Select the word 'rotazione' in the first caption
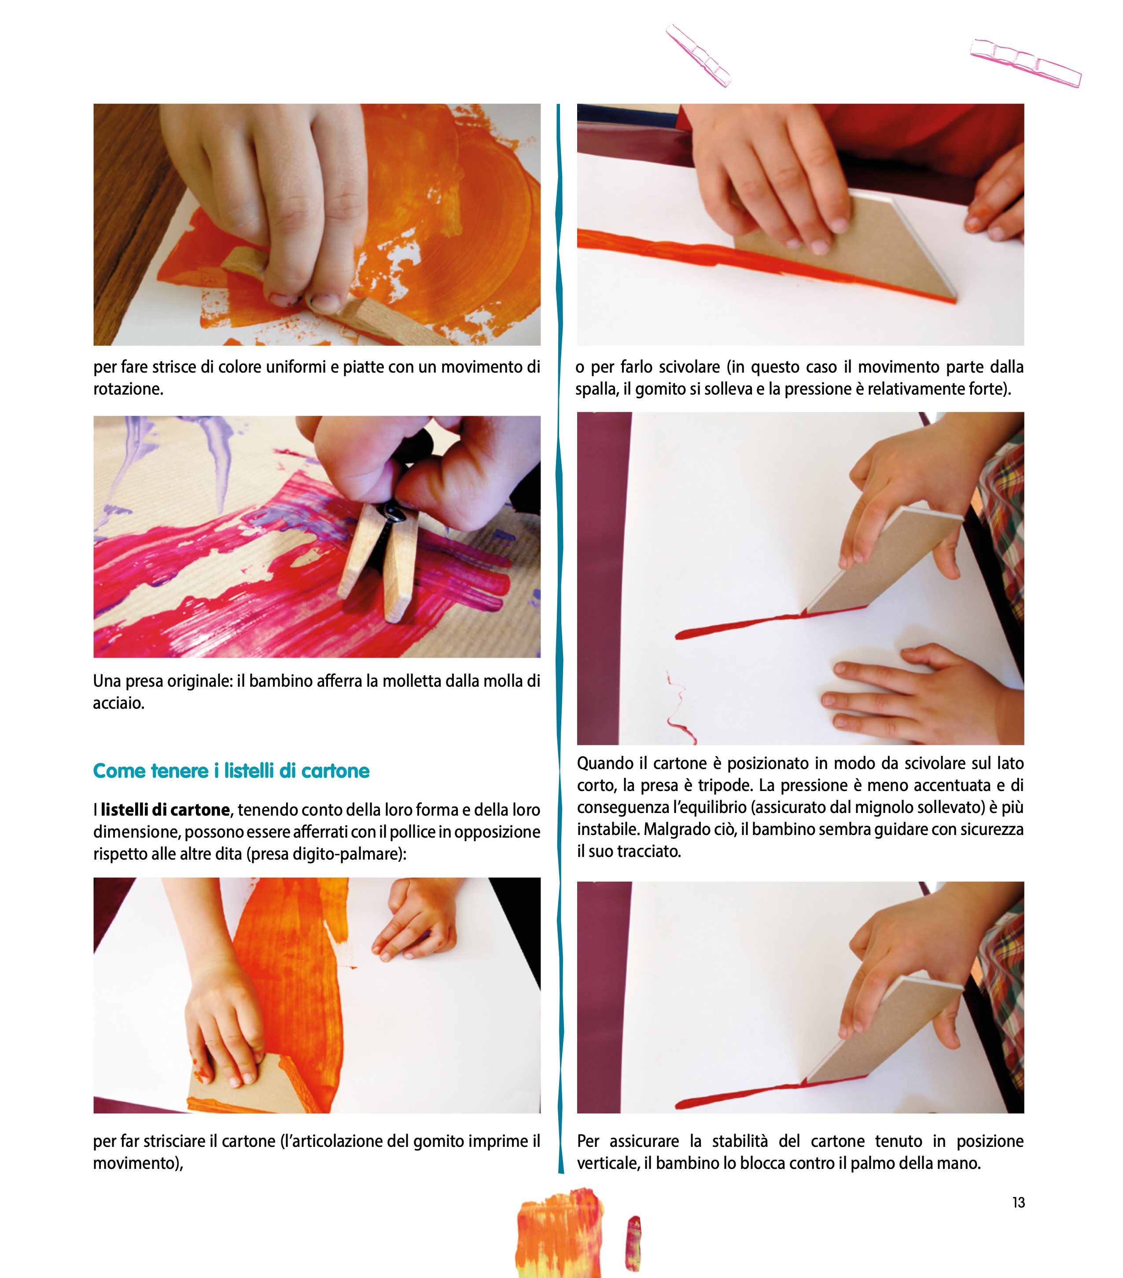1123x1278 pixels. [x=128, y=389]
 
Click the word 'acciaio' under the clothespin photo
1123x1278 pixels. [x=118, y=703]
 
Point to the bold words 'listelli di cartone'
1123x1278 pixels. [x=165, y=809]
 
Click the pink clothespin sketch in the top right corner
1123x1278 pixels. [x=1025, y=62]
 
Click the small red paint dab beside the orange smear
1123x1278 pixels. [x=634, y=1243]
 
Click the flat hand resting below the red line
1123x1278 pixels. [x=920, y=694]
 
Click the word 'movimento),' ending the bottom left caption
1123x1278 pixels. [x=138, y=1163]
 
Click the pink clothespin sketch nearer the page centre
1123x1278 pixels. [x=698, y=55]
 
